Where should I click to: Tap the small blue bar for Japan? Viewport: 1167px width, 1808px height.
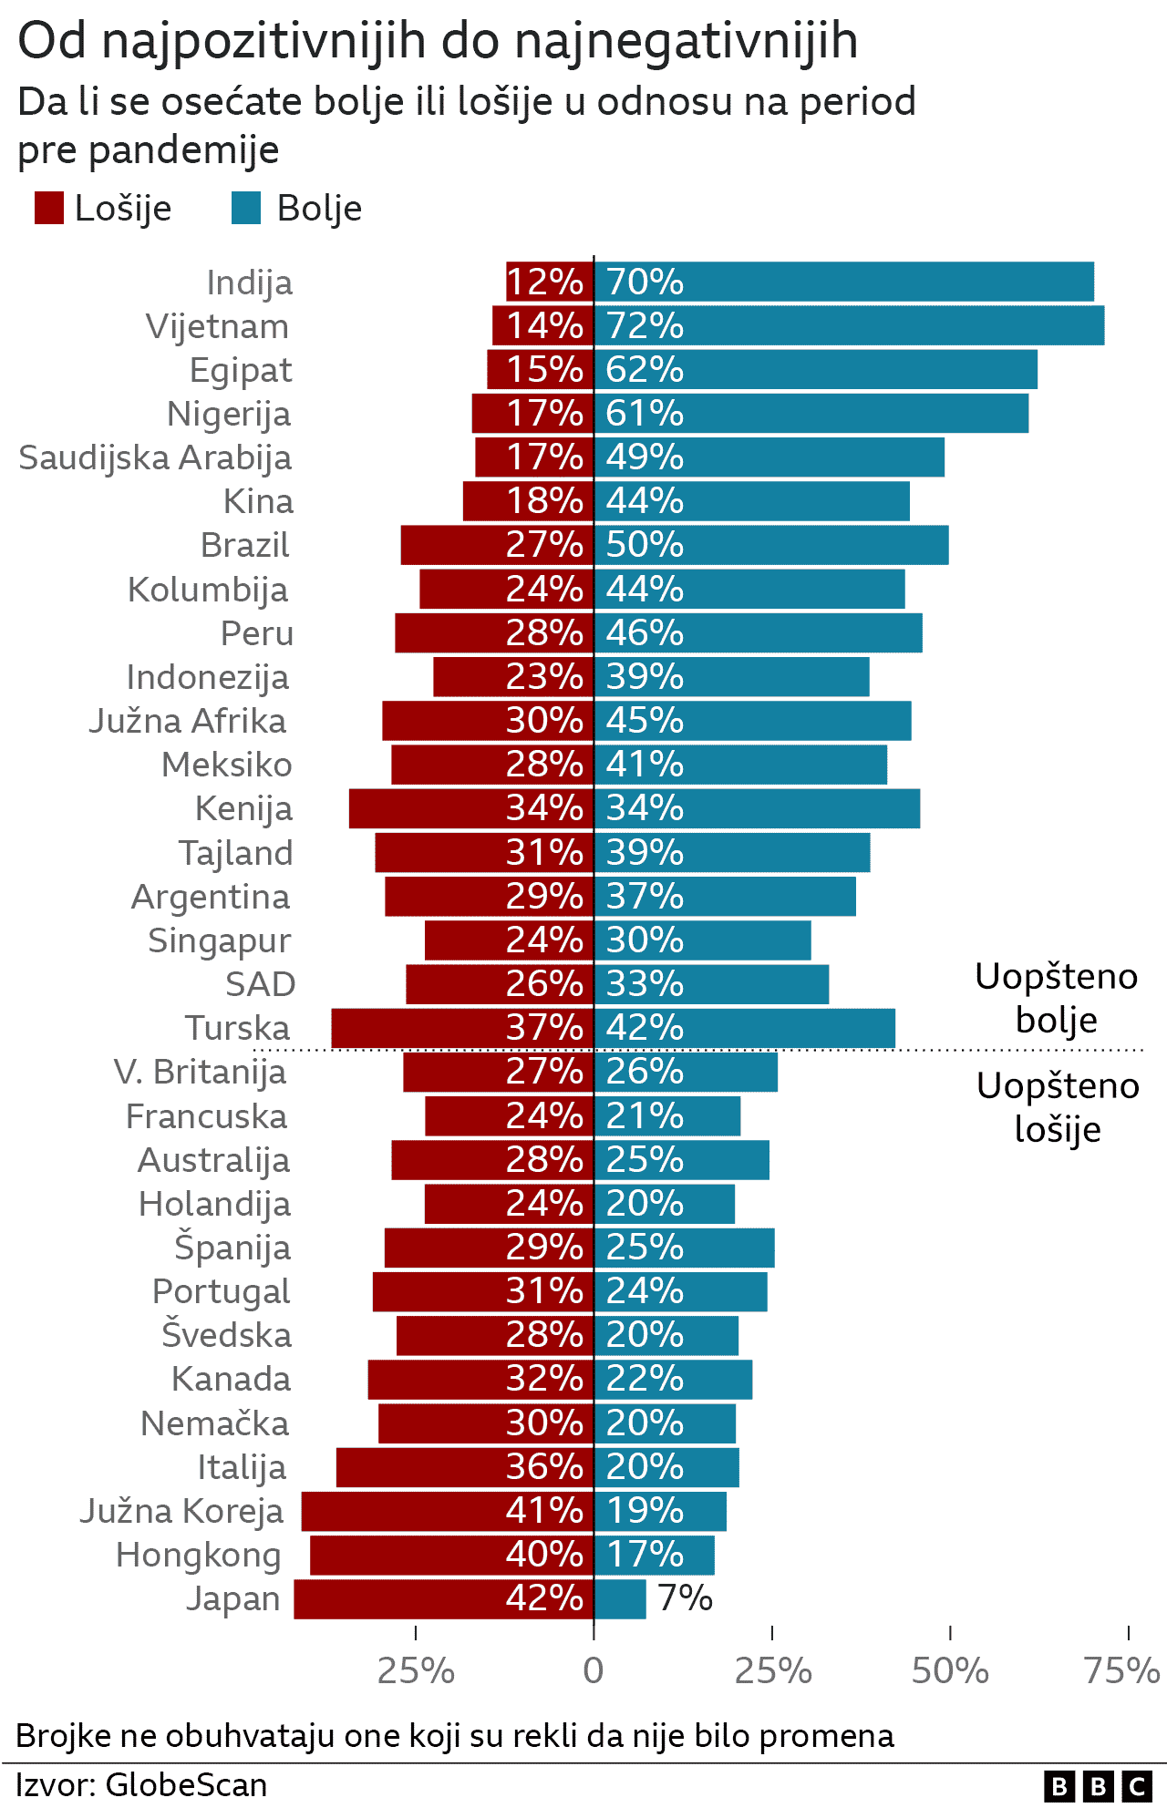tap(620, 1599)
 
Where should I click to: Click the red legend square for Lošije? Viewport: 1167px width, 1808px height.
tap(48, 208)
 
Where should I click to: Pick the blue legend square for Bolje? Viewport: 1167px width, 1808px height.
tap(246, 208)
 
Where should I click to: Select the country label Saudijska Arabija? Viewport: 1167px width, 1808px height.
tap(155, 457)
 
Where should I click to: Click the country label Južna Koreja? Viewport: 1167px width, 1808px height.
tap(181, 1511)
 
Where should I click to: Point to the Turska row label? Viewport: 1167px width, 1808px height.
tap(237, 1028)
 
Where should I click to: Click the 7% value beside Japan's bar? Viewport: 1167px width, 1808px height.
tap(686, 1598)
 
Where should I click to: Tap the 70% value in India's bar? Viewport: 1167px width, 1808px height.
tap(645, 282)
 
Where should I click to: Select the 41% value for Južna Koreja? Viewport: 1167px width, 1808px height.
tap(544, 1511)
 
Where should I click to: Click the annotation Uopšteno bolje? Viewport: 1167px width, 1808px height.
tap(1056, 998)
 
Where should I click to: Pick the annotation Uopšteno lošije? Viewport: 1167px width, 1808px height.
tap(1058, 1107)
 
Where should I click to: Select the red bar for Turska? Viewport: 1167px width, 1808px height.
tap(419, 1028)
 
